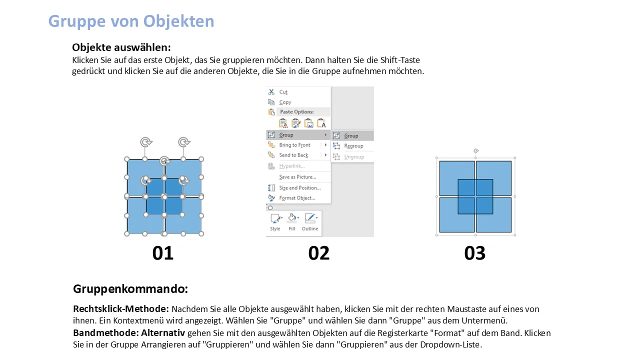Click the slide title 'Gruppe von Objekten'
point(131,21)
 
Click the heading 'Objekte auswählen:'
point(121,47)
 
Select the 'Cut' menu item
point(283,92)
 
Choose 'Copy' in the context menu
point(285,102)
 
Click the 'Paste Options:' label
point(297,111)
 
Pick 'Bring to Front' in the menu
point(294,145)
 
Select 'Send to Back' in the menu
point(293,155)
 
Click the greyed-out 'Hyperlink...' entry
point(291,166)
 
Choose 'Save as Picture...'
point(297,177)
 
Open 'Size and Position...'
point(299,187)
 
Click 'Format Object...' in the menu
point(297,198)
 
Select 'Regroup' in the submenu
point(353,146)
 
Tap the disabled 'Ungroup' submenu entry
point(354,157)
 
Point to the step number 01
point(163,253)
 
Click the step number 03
point(475,253)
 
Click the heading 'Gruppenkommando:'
point(130,289)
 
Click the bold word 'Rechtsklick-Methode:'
point(121,309)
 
